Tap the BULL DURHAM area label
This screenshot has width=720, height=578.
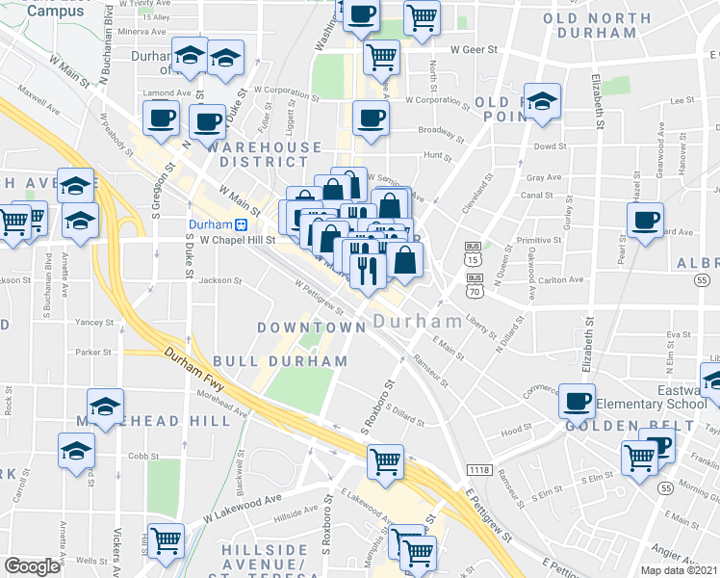point(280,360)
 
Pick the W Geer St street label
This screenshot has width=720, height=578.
point(474,49)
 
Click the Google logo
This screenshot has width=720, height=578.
point(32,566)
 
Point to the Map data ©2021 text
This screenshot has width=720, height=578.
point(679,570)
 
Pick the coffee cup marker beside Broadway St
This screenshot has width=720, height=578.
point(371,119)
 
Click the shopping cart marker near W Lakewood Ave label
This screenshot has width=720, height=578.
point(167,539)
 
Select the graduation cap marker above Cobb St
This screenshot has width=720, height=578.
point(75,451)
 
